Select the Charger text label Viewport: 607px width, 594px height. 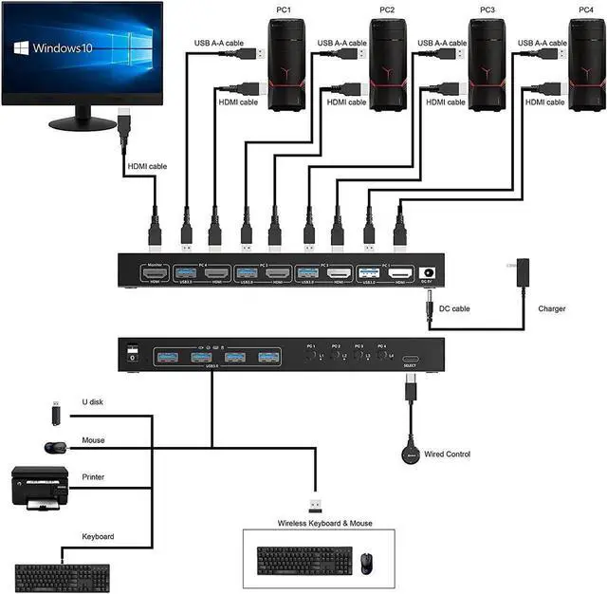[552, 308]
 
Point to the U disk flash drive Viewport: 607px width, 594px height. [56, 412]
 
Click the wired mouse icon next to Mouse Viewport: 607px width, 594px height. [55, 447]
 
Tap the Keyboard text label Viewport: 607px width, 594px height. [99, 537]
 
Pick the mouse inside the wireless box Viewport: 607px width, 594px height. [366, 562]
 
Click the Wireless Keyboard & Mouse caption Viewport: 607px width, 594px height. [324, 523]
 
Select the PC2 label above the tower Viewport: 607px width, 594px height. [386, 9]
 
